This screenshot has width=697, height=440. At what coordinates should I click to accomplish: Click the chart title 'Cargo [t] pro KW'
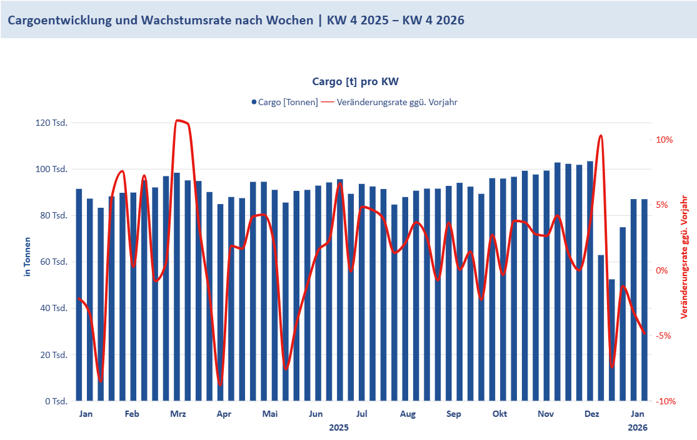pos(355,82)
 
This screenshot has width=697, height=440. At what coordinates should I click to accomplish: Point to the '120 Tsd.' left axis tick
pos(53,123)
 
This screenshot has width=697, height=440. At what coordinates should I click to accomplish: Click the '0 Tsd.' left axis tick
pos(56,401)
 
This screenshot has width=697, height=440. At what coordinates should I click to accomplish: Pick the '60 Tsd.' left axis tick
pos(54,262)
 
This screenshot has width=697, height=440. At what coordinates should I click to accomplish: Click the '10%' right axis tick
pos(664,140)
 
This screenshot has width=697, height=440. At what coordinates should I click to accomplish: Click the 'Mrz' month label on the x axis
pos(178,414)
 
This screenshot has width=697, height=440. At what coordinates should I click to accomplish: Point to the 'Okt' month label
pos(499,414)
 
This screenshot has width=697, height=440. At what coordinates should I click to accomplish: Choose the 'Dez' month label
pos(591,414)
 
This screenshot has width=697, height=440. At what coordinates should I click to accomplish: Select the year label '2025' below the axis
pos(339,427)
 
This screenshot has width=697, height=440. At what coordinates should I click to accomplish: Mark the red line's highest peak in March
pos(179,120)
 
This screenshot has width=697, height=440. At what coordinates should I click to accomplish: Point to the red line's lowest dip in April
pos(220,384)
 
